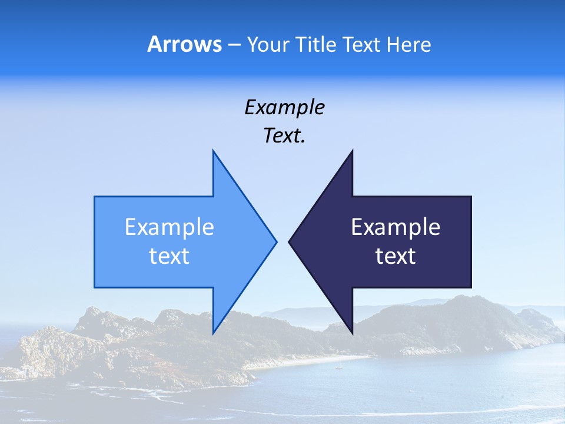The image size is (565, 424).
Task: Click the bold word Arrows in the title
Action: pos(184,44)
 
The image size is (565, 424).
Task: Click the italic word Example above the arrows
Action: pos(284,107)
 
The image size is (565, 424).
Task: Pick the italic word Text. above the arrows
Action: pos(284,136)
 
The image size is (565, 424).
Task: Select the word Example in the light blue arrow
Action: pos(169,227)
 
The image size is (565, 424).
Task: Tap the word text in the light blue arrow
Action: pos(169,256)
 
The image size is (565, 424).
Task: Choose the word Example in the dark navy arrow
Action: pos(395,227)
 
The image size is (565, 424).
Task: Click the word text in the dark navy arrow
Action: pos(395,256)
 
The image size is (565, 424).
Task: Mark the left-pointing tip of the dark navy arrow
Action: pos(290,241)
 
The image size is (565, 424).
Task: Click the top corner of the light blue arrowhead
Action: pos(213,152)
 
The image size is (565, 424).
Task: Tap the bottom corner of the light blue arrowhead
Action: pos(213,332)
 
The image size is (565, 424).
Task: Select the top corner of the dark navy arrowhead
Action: pos(352,152)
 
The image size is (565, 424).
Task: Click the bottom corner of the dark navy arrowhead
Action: pos(352,332)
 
